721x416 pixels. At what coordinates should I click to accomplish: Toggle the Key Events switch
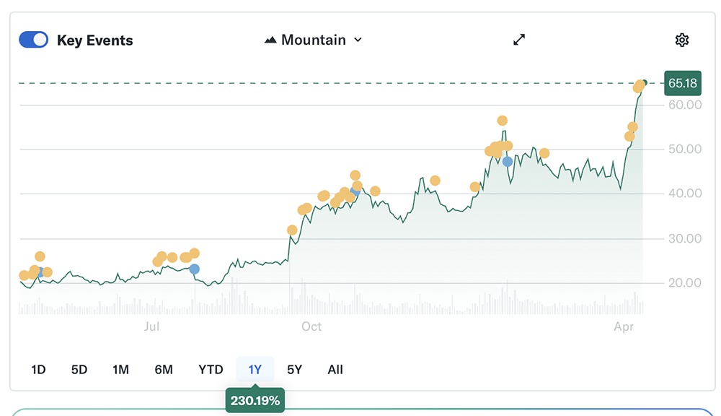33,40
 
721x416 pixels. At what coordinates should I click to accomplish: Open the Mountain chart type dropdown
314,40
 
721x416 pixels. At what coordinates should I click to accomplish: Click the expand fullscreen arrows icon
519,40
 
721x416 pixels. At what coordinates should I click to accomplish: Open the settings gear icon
682,40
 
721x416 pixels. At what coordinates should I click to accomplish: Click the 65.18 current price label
682,83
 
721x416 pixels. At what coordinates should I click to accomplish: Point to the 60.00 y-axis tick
684,105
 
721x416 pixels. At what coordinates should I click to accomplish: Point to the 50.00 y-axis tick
684,149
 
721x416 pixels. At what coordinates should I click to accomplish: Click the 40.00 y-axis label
684,194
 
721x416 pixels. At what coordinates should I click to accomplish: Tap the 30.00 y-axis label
684,238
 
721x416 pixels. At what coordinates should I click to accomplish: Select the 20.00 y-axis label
684,282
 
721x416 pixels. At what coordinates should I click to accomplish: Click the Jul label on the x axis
151,326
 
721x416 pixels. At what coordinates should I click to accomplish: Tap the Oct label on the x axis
311,326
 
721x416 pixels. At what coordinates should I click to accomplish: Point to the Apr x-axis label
624,326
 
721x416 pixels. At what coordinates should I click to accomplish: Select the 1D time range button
38,370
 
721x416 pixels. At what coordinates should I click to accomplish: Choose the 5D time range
79,370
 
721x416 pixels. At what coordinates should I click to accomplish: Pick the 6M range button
164,370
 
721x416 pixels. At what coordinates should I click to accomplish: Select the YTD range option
211,370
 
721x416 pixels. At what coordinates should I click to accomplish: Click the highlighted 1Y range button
255,370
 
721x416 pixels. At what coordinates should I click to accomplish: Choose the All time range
335,370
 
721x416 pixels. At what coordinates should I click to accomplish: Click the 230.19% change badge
255,400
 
